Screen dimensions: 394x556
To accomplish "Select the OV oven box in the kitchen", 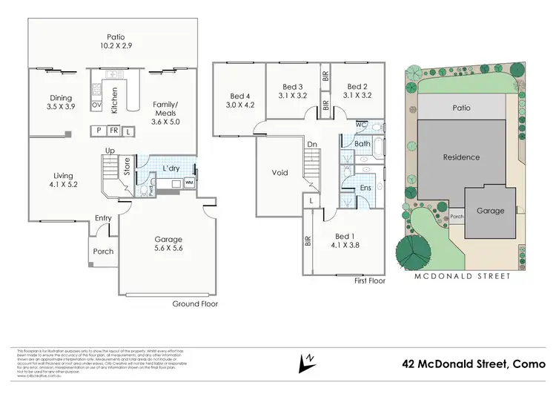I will [96, 105].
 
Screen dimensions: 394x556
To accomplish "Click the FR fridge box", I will [113, 131].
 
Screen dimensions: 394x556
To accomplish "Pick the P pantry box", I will [99, 131].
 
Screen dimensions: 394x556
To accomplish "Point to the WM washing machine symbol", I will [189, 181].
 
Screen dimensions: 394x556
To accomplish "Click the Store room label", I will [128, 165].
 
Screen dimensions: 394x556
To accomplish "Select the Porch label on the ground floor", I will [103, 252].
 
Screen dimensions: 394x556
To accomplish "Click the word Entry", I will [103, 217].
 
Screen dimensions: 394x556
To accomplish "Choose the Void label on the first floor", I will [279, 172].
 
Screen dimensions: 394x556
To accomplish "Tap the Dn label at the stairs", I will [312, 145].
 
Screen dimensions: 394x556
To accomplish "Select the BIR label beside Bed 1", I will [307, 240].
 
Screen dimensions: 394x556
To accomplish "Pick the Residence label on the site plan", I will [461, 157].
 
